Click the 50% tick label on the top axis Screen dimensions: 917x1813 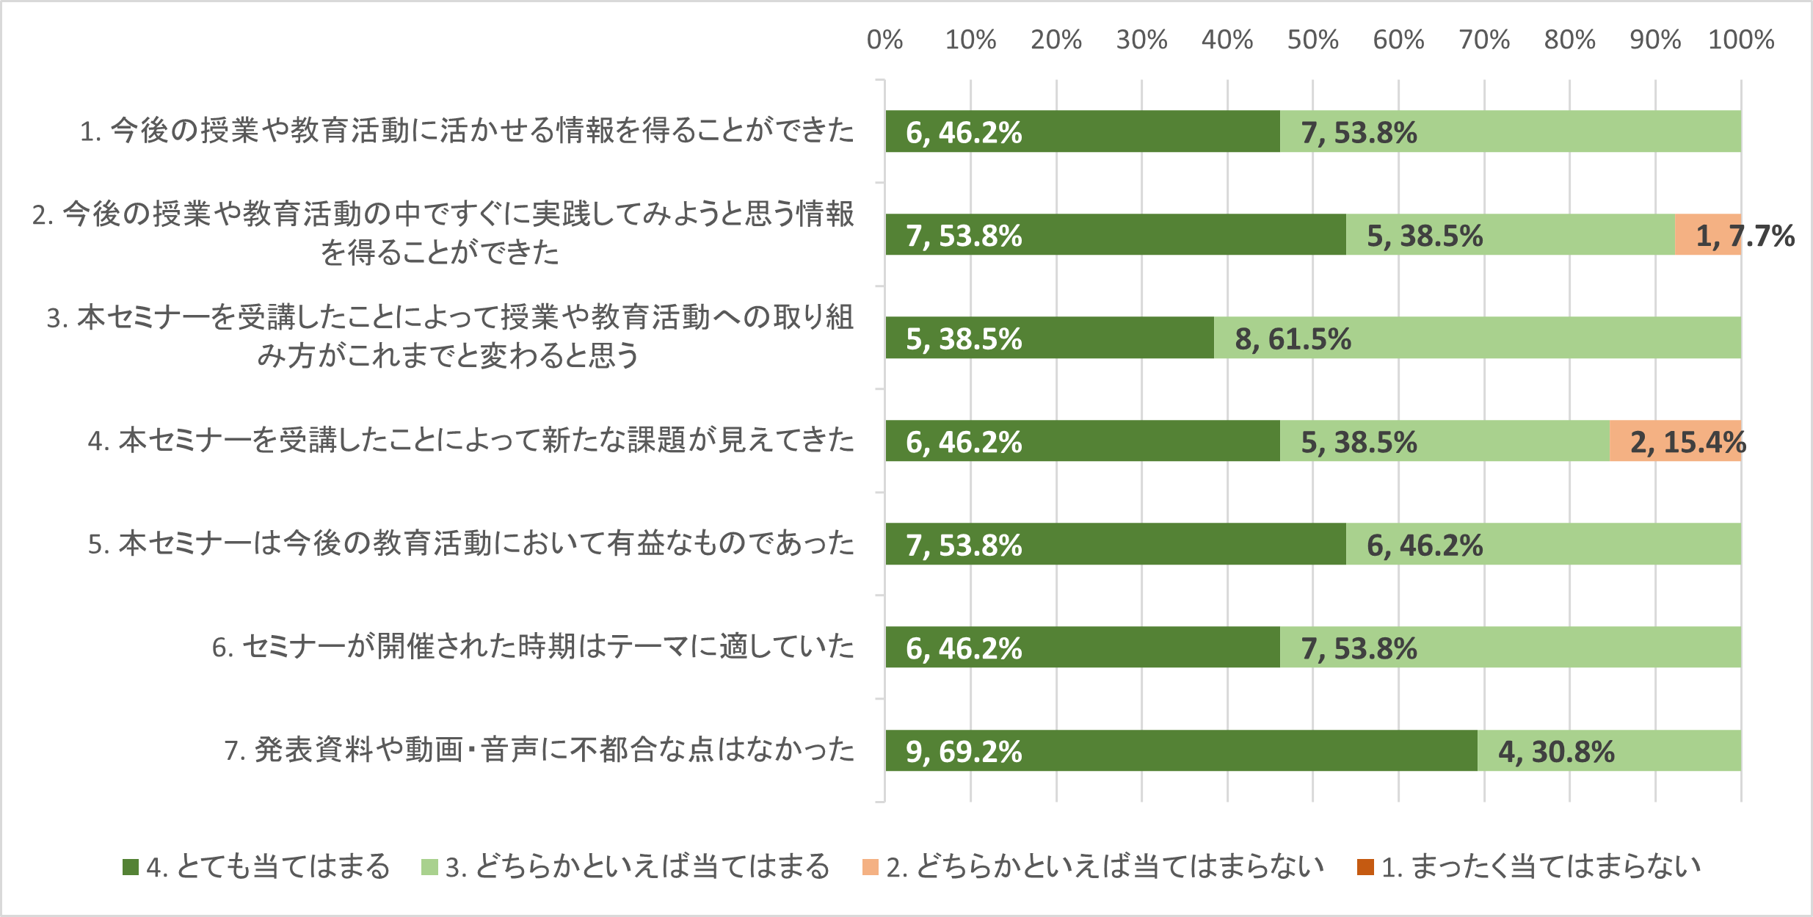click(x=1312, y=40)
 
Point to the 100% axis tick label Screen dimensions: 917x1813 click(x=1740, y=40)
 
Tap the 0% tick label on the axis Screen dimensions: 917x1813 click(x=884, y=40)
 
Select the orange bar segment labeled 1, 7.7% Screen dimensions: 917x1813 click(x=1708, y=235)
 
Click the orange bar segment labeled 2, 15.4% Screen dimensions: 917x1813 click(x=1675, y=441)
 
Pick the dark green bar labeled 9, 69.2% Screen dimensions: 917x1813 click(x=1181, y=750)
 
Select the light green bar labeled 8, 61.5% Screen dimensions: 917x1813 click(x=1477, y=338)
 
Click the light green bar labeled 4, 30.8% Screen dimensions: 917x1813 click(x=1609, y=750)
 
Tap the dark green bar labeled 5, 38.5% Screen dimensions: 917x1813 click(x=1050, y=338)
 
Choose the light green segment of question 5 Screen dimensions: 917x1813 click(x=1543, y=544)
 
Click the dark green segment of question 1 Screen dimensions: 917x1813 click(x=1083, y=131)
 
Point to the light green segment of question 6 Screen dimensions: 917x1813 click(x=1510, y=647)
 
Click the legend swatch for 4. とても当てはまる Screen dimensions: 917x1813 click(x=131, y=867)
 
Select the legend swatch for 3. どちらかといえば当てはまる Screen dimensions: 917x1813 click(x=429, y=867)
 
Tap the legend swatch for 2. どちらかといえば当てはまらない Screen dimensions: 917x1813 click(x=870, y=867)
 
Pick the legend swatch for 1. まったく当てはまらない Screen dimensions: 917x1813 click(x=1365, y=867)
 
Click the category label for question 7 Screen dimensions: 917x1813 click(x=539, y=750)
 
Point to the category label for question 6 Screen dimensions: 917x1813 click(x=534, y=647)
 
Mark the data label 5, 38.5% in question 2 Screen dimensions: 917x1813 click(x=1425, y=236)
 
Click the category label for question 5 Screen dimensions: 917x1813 click(x=471, y=544)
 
